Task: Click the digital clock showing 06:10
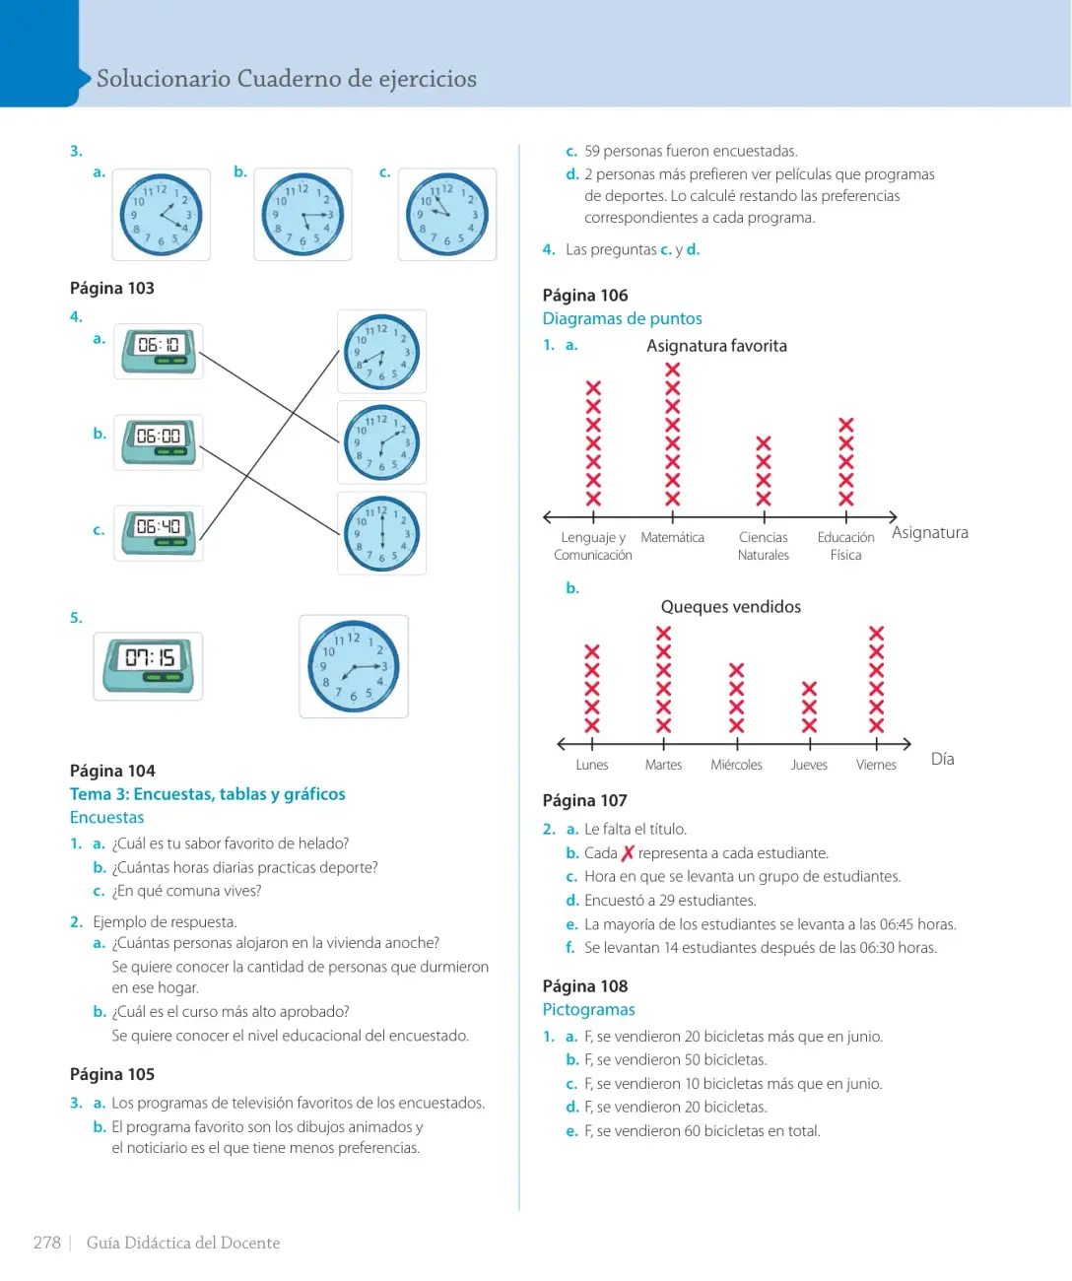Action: tap(159, 351)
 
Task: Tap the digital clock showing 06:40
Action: tap(159, 532)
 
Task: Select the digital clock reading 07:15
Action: tap(148, 666)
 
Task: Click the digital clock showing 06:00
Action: tap(159, 441)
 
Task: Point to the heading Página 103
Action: tap(111, 288)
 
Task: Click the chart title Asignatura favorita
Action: tap(716, 346)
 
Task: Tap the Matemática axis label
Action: tap(672, 537)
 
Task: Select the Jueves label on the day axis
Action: tap(809, 765)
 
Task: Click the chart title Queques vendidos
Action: tap(730, 606)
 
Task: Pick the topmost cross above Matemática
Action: tap(673, 370)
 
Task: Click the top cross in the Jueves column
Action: tap(809, 689)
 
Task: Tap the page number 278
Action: tap(46, 1243)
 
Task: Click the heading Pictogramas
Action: tap(588, 1009)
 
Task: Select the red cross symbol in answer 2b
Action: tap(627, 852)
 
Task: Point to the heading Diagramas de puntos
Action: tap(622, 318)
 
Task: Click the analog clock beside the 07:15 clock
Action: tap(354, 666)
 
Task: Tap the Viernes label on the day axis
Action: tap(876, 765)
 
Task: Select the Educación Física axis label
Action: tap(845, 546)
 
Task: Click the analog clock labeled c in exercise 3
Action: tap(446, 215)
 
